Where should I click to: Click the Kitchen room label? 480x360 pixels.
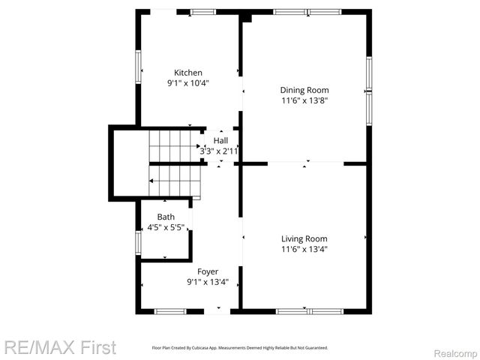point(188,73)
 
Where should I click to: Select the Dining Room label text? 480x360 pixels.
point(305,90)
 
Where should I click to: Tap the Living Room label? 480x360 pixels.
point(304,238)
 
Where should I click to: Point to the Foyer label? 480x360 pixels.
point(208,271)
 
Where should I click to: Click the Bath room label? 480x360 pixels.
point(166,217)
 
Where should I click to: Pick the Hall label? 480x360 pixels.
point(220,140)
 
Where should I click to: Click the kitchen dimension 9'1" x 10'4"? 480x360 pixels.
point(188,83)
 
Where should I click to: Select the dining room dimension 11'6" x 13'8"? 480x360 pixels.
point(305,100)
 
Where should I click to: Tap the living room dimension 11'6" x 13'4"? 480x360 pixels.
point(304,249)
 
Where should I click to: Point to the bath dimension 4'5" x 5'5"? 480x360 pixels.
point(166,226)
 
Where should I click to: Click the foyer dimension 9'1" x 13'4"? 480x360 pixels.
point(208,282)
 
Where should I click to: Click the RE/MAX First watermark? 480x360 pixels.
point(60,347)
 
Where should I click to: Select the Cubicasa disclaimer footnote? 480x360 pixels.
point(240,348)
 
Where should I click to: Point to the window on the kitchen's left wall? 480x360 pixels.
point(138,67)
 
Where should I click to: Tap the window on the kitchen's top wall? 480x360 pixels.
point(202,12)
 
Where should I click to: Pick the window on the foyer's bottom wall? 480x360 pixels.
point(170,310)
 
